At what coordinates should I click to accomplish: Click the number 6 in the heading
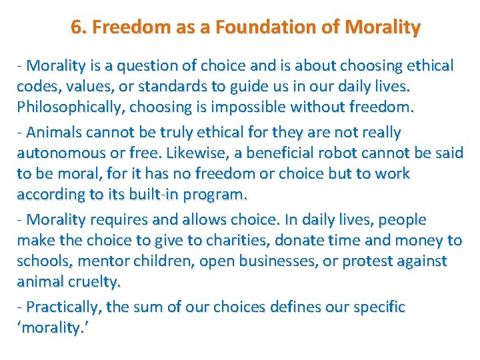pyautogui.click(x=76, y=28)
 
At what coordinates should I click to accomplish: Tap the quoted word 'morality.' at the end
pyautogui.click(x=51, y=328)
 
